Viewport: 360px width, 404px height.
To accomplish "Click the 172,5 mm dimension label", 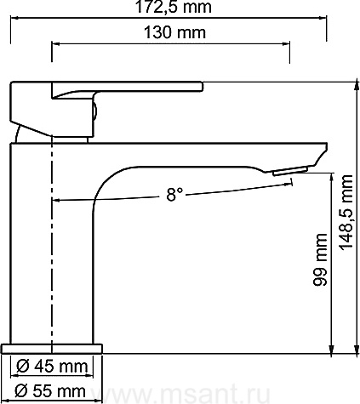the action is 174,7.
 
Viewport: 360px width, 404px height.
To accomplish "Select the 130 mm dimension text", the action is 174,32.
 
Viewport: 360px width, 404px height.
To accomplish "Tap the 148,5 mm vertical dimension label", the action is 346,213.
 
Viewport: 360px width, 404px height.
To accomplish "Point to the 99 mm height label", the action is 320,259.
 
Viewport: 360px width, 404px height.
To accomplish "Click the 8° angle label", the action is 174,194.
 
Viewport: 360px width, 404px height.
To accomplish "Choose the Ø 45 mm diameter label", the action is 52,367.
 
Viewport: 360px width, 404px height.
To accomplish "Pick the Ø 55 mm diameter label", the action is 50,391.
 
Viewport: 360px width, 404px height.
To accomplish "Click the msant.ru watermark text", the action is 181,394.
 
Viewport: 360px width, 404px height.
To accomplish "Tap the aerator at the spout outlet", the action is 290,171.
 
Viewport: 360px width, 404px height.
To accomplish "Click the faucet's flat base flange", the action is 52,349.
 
